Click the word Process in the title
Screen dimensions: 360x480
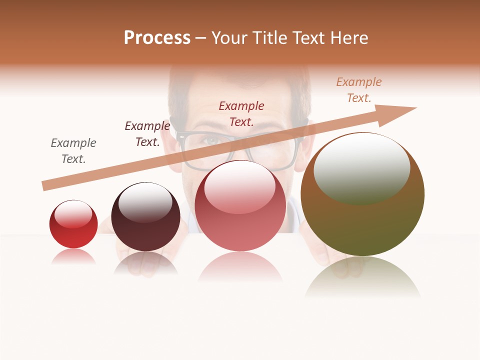click(157, 38)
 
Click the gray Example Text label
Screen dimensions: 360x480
click(73, 151)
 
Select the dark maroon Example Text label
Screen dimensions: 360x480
click(147, 134)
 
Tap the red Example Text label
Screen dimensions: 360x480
click(241, 113)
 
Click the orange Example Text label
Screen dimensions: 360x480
click(359, 90)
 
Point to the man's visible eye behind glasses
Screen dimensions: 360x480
click(212, 140)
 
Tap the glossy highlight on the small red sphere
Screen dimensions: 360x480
click(73, 214)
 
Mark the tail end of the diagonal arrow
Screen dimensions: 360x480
click(45, 185)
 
